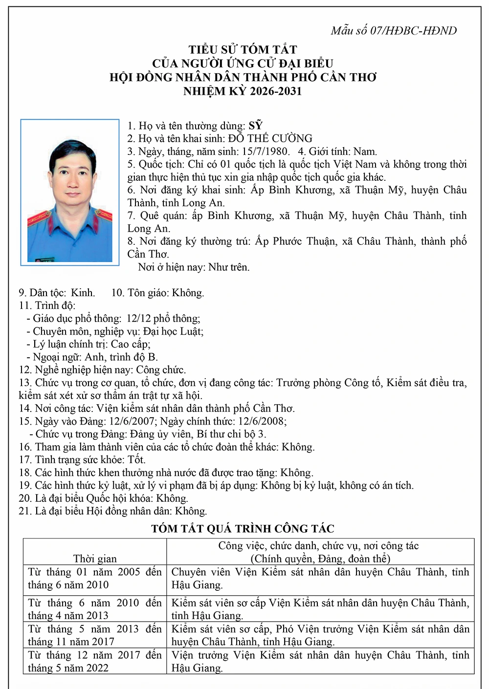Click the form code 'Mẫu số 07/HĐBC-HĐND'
[394, 31]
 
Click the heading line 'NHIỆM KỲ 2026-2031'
[243, 91]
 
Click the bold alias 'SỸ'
[256, 126]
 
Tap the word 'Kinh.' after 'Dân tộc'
[83, 293]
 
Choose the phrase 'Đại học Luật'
[173, 331]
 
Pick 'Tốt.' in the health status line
[136, 460]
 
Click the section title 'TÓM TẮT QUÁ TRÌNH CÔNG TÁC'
[243, 529]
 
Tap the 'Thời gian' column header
[95, 559]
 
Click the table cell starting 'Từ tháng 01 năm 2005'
[95, 579]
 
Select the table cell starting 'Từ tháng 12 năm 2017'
[95, 662]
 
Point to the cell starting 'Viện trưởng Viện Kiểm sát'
[320, 662]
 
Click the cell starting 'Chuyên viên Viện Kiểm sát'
[320, 579]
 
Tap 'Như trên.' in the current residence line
[229, 267]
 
